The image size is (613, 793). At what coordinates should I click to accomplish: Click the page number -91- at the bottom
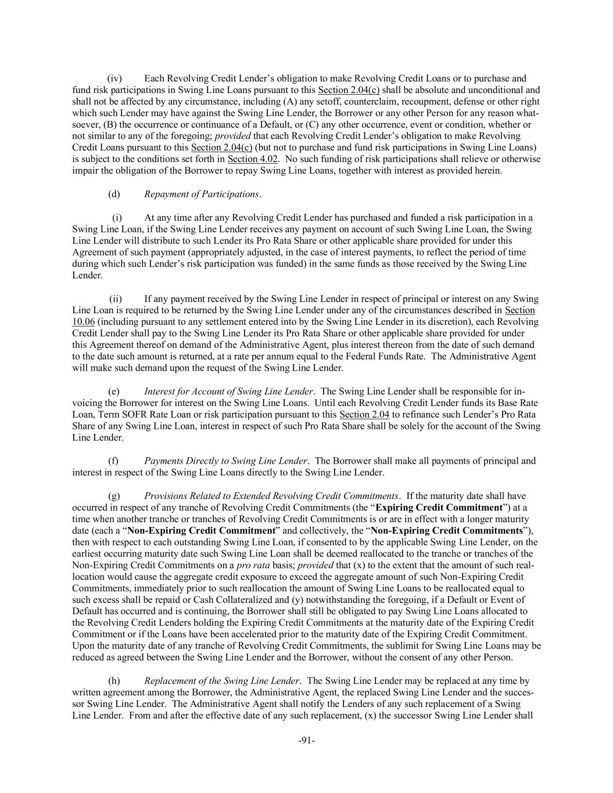coord(306,740)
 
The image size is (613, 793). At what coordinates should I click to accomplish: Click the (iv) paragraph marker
coord(114,78)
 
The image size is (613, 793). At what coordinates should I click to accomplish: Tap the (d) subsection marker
coord(114,194)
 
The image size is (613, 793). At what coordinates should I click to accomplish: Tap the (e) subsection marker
coord(114,391)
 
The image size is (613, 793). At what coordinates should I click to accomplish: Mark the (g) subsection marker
coord(114,496)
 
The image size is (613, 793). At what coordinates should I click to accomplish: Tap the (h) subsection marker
coord(114,680)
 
